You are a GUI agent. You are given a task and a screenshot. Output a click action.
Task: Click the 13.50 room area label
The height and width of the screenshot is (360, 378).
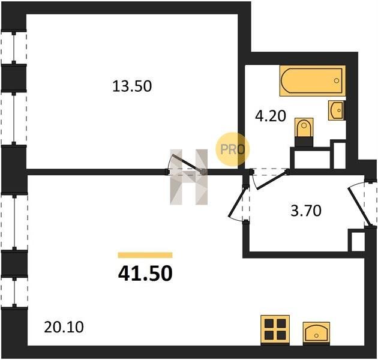(132, 86)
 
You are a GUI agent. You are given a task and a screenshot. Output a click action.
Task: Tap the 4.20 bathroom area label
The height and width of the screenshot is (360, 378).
(271, 116)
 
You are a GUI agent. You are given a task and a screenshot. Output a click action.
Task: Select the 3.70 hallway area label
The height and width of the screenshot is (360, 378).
(306, 211)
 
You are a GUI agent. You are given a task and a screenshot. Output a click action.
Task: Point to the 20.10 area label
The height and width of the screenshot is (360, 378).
(64, 327)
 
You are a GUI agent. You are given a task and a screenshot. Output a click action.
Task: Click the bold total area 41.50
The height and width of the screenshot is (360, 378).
(145, 274)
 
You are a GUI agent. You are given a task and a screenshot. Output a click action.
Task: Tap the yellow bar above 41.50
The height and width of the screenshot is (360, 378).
(145, 255)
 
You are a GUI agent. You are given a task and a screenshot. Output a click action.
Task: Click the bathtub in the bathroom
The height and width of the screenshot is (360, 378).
(313, 81)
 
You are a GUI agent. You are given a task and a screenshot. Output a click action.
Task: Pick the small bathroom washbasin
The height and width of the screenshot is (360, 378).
(336, 110)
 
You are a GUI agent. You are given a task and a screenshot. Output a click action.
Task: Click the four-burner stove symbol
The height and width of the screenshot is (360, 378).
(275, 329)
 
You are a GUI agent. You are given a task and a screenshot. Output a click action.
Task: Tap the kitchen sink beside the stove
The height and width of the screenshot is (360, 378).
(316, 332)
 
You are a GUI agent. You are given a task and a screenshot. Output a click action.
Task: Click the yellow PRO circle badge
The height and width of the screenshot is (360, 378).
(232, 149)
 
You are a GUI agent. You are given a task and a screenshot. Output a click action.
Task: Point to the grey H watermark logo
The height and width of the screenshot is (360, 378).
(189, 177)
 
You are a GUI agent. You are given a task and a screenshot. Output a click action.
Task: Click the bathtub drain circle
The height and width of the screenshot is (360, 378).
(337, 81)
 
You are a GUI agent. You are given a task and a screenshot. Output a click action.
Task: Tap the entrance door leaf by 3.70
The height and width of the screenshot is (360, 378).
(358, 207)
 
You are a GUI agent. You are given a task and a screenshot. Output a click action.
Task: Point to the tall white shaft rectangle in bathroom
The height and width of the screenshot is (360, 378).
(340, 156)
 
